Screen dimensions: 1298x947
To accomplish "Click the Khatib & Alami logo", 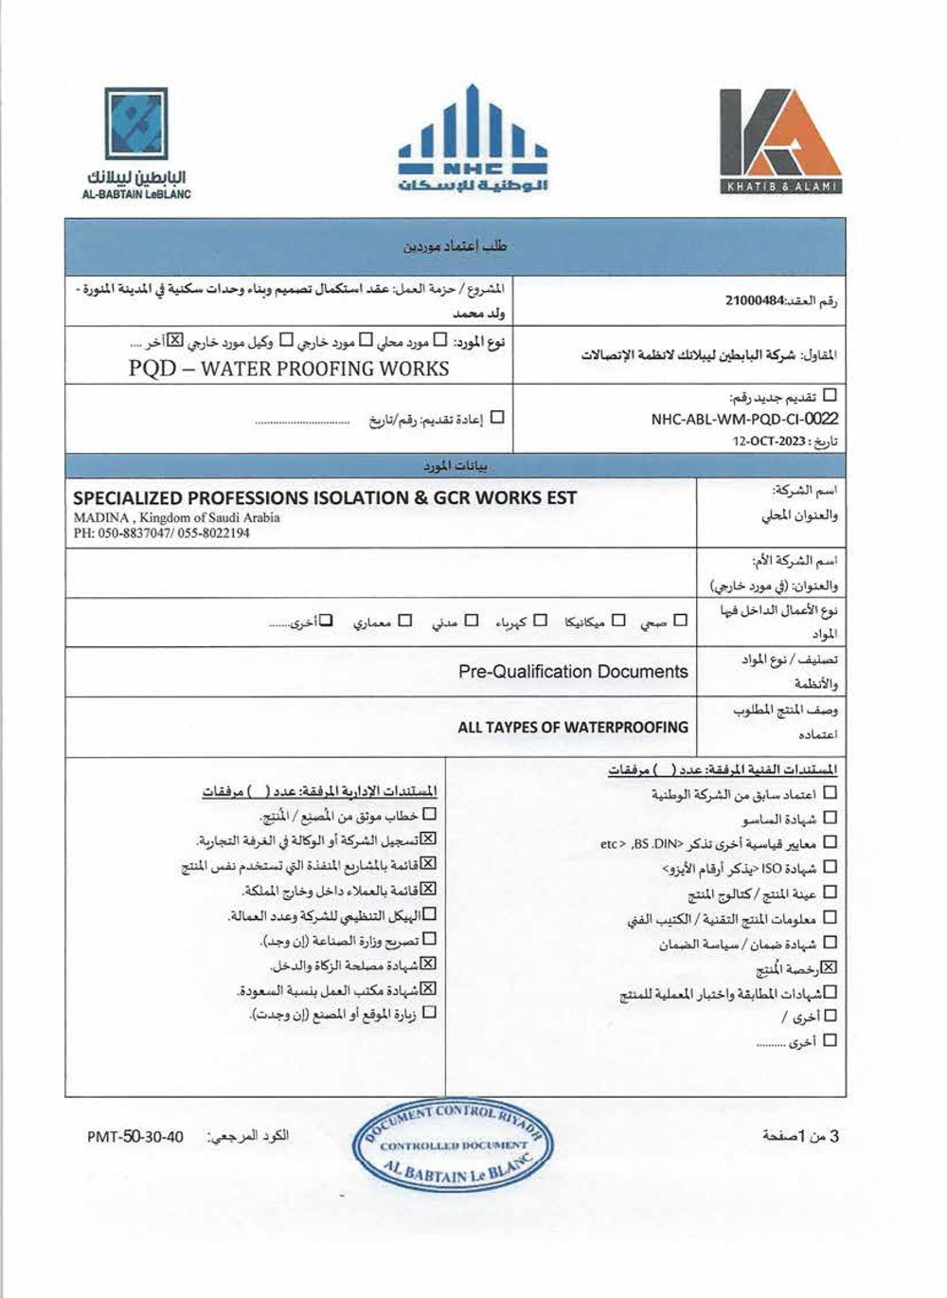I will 779,140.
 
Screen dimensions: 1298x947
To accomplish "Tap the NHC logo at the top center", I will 473,140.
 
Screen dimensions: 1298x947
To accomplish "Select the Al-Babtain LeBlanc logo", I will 136,142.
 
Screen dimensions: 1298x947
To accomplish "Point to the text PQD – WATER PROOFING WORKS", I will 289,369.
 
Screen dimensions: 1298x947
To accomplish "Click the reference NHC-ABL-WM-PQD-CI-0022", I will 744,419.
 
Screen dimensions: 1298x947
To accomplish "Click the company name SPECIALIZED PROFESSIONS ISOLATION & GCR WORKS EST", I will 325,497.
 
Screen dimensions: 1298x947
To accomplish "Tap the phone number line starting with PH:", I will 161,533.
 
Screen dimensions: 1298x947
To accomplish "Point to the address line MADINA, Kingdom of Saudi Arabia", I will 177,517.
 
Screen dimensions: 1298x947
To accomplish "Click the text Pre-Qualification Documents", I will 573,672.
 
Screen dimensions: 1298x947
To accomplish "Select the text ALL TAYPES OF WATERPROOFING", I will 573,727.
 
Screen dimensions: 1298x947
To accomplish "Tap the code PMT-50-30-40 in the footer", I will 134,1137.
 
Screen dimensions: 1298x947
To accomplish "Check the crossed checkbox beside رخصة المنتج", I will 831,968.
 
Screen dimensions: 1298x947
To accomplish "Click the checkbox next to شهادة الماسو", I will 831,817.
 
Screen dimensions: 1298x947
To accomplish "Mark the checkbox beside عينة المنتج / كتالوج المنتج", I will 831,892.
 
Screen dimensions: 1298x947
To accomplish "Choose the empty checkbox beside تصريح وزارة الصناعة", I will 429,939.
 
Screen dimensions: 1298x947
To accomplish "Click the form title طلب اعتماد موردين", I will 456,246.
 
